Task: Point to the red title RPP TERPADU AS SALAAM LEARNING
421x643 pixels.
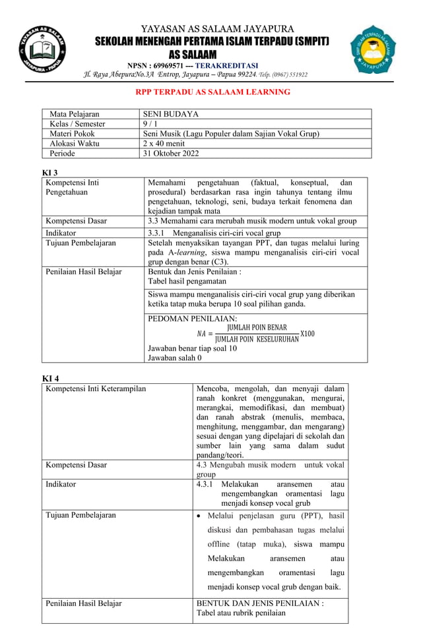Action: pos(212,92)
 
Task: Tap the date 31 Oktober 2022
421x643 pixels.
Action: pos(170,154)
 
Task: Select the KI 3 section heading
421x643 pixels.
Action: pos(50,172)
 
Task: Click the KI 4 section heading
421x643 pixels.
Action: pos(51,378)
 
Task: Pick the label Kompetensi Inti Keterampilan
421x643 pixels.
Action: pos(96,388)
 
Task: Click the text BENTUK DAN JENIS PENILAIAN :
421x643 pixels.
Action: pos(260,603)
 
